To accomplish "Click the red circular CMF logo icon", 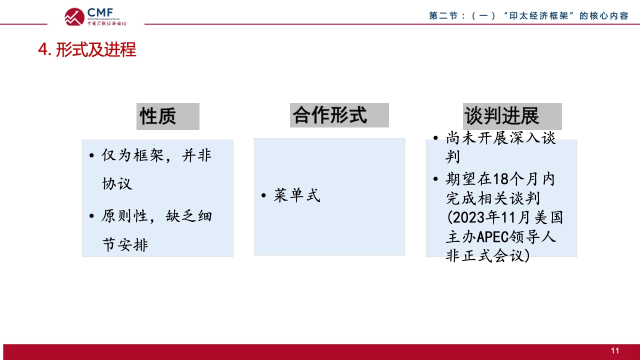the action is (x=74, y=17).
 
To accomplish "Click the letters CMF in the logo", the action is (x=100, y=13).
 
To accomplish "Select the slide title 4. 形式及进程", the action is (x=87, y=49).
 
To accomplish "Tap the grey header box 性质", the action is (x=167, y=116).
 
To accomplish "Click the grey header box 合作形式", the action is (x=339, y=115).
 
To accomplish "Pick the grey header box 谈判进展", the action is (x=512, y=116).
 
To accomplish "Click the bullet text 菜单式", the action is (x=297, y=195).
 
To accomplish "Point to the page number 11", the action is (x=615, y=350).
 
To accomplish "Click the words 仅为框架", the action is (x=133, y=155).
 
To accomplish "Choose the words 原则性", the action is (x=124, y=216).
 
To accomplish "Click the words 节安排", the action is (x=125, y=245).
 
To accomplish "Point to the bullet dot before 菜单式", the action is (x=263, y=195).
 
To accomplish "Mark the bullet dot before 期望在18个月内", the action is (x=435, y=179).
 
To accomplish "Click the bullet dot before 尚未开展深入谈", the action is (x=435, y=138).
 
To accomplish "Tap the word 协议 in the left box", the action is (x=117, y=183).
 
